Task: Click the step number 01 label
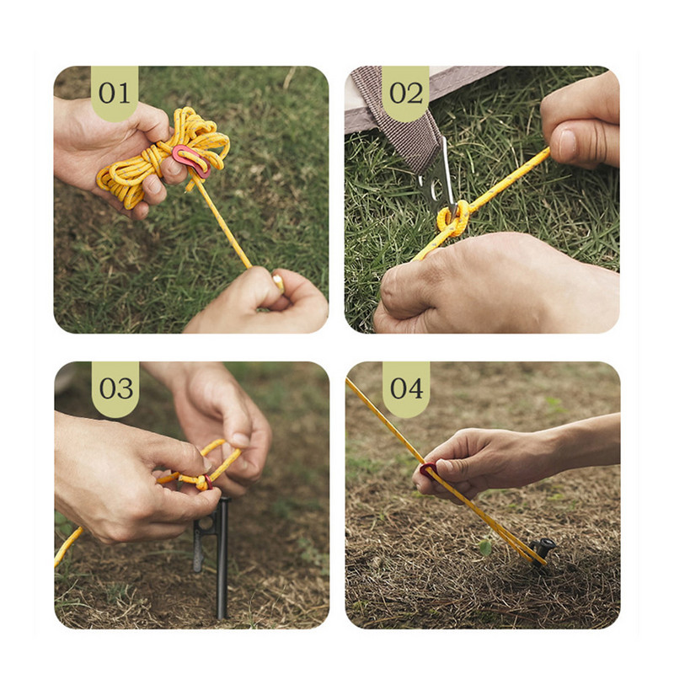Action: (x=115, y=94)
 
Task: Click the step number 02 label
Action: (x=406, y=94)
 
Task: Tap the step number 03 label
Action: (x=116, y=389)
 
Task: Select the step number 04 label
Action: (x=407, y=389)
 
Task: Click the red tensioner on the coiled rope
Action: (x=192, y=160)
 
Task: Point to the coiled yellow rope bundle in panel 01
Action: (x=163, y=155)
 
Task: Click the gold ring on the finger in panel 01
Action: (x=279, y=282)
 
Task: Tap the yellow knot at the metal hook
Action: (x=453, y=221)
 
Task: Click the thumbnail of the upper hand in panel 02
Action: (x=566, y=143)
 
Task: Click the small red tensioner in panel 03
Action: (x=208, y=482)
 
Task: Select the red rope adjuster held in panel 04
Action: (x=428, y=471)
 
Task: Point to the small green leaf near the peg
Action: (x=485, y=547)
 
